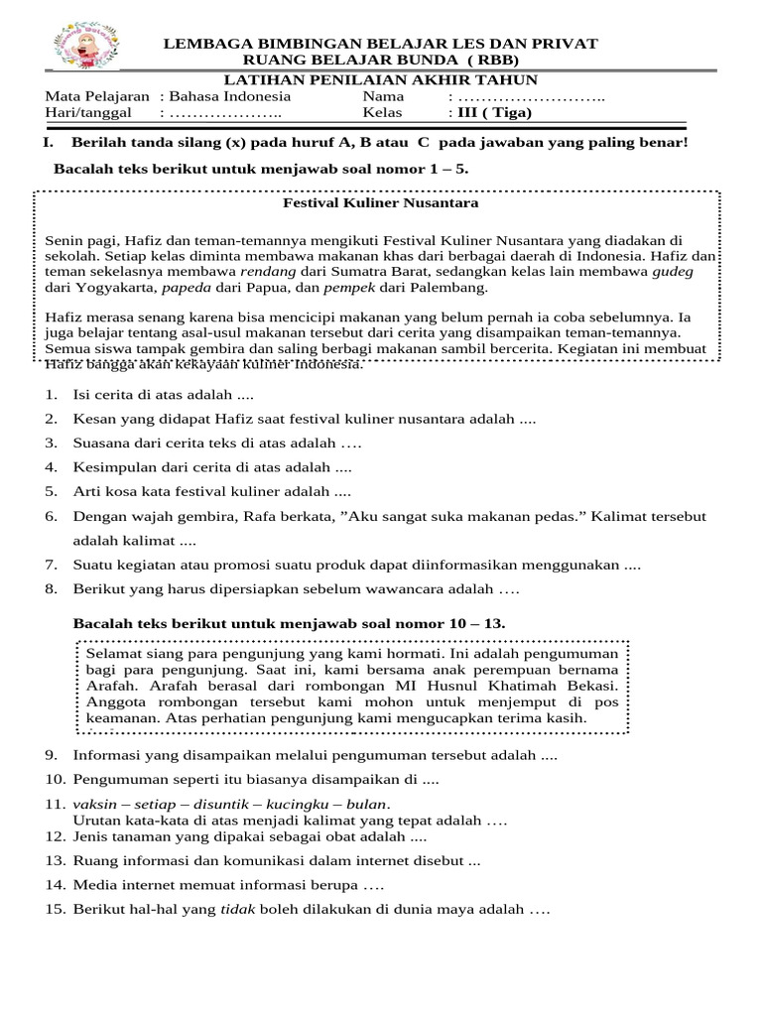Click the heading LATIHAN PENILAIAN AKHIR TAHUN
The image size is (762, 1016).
click(380, 80)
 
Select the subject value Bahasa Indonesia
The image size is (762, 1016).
click(230, 96)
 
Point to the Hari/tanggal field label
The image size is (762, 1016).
click(88, 112)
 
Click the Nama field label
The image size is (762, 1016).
click(384, 96)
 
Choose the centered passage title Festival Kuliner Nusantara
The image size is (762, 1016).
click(381, 202)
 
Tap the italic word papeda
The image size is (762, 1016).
click(186, 288)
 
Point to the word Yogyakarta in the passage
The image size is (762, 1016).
click(113, 288)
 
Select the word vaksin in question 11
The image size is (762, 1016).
click(92, 804)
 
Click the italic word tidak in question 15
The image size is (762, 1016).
click(236, 909)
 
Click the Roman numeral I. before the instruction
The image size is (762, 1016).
click(50, 143)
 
